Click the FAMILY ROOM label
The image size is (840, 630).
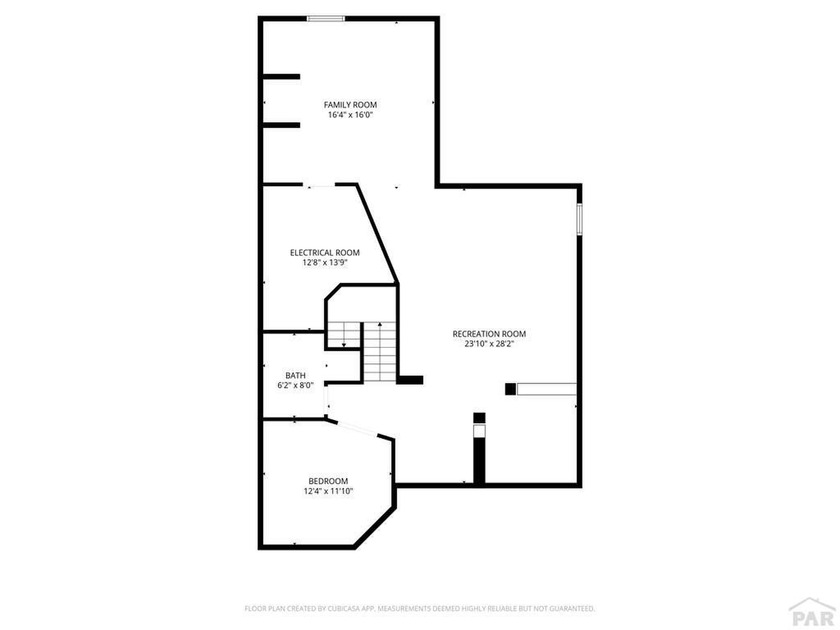(350, 105)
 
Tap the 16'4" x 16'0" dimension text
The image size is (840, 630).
(350, 115)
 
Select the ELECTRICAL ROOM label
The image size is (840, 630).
(325, 253)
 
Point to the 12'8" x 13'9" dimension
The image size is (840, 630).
(325, 263)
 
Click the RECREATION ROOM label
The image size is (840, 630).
(489, 334)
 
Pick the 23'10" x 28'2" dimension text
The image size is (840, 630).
(489, 344)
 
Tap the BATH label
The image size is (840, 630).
(295, 376)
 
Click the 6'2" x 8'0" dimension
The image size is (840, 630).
(295, 385)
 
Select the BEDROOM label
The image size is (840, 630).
(328, 481)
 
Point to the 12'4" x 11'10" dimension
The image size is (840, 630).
(328, 491)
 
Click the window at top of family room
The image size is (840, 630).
(326, 19)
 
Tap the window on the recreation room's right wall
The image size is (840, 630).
(579, 219)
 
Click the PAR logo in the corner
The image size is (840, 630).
(813, 613)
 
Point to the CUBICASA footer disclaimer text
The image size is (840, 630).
(419, 609)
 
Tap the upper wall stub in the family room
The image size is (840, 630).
(281, 77)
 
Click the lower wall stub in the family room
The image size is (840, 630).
(281, 125)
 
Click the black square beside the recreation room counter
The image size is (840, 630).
(511, 389)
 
